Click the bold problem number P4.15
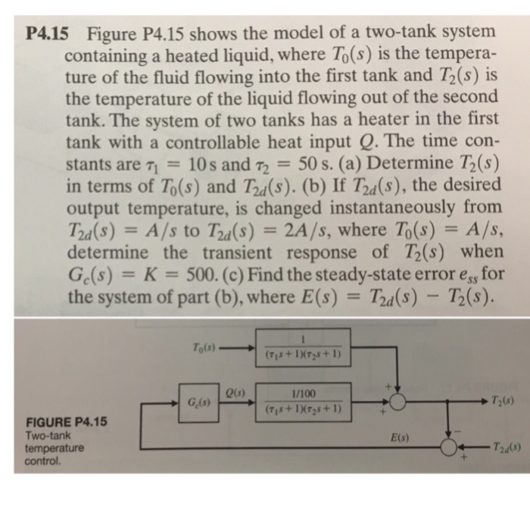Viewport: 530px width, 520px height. tap(46, 34)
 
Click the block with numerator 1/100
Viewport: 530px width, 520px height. tap(302, 402)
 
